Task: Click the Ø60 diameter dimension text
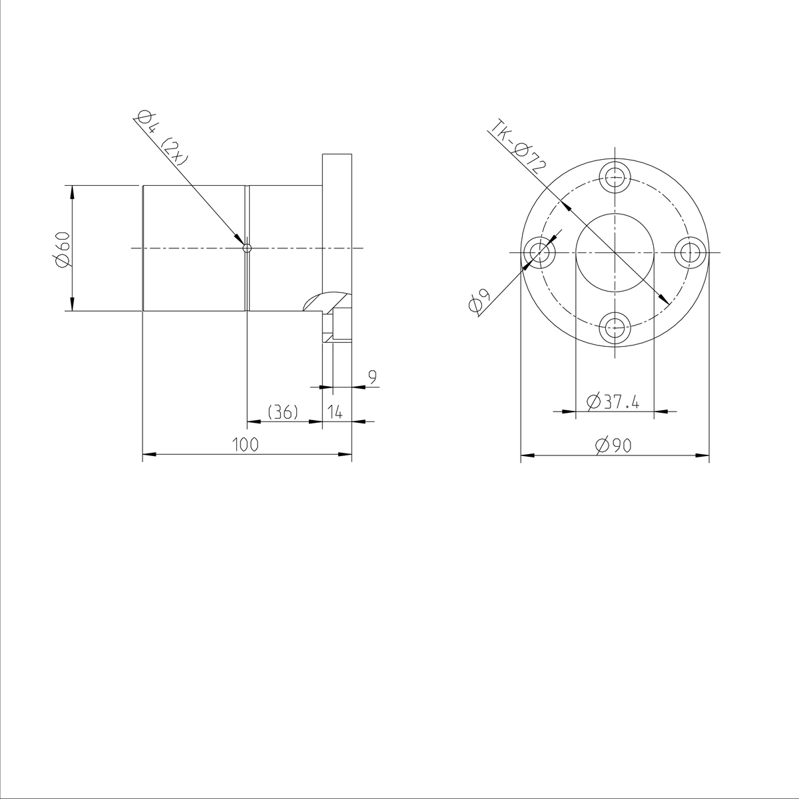point(62,250)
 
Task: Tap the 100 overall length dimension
point(246,445)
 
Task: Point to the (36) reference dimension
point(282,413)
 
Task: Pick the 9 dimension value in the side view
point(372,377)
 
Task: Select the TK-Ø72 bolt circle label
point(517,146)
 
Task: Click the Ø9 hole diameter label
point(479,301)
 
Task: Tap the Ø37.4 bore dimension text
point(613,402)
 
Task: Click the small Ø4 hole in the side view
point(247,248)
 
